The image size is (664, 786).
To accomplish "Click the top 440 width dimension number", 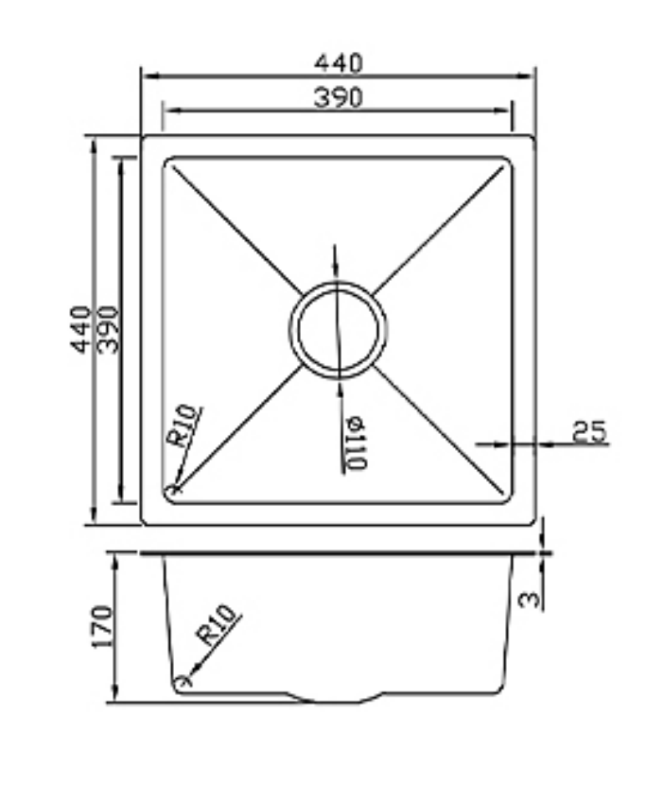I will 339,63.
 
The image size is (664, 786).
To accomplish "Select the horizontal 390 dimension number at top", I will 339,97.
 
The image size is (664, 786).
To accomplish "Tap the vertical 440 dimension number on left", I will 81,329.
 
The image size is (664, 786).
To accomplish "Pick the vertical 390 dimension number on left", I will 109,329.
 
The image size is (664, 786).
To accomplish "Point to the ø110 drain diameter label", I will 355,443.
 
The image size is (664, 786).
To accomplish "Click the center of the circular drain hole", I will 338,329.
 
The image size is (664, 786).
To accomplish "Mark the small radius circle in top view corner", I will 175,491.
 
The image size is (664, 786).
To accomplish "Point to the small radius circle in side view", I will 183,681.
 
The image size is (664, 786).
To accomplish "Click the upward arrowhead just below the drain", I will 340,385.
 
